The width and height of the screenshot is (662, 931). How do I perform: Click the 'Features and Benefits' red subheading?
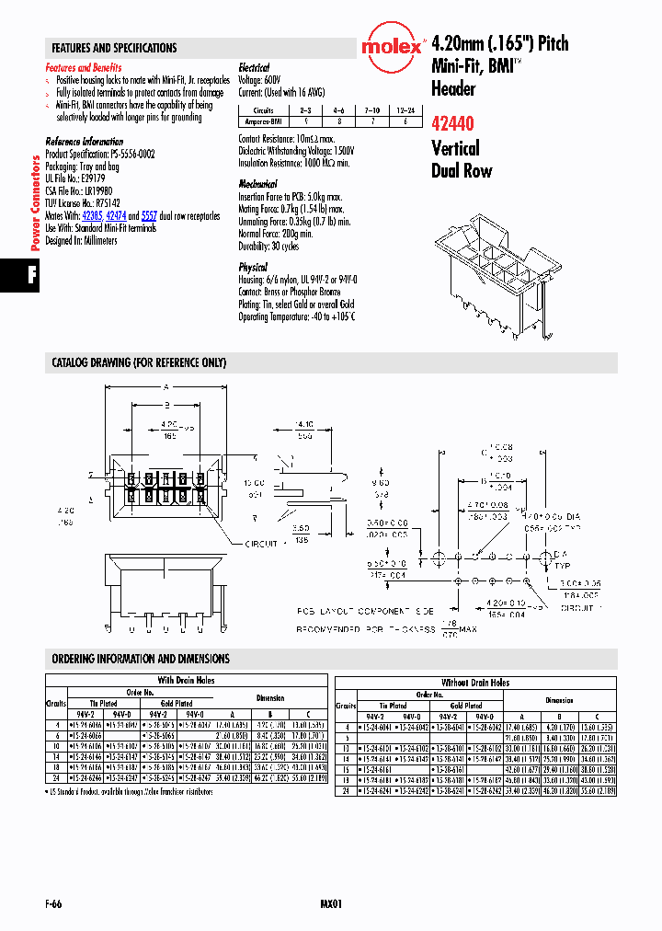coord(83,68)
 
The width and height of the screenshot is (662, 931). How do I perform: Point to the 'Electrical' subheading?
coord(254,68)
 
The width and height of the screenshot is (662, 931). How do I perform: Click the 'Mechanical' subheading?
coord(257,184)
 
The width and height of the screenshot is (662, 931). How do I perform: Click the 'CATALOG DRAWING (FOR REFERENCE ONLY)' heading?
coord(138,363)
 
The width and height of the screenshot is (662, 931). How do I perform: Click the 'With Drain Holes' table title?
coord(187,681)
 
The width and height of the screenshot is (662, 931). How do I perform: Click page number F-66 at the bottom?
coord(53,904)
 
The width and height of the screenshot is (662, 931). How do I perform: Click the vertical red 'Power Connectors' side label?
coord(36,203)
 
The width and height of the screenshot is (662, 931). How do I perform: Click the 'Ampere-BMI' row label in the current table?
coord(263,121)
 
